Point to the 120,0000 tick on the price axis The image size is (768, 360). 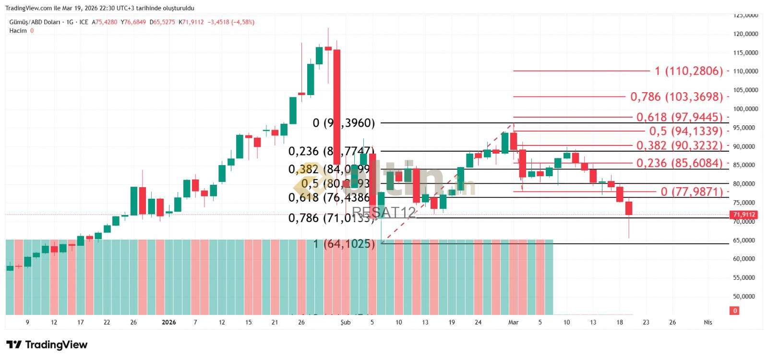pos(745,34)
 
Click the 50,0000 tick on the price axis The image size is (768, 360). pos(745,297)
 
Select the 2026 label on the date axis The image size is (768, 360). pos(169,323)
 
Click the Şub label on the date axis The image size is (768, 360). pos(346,323)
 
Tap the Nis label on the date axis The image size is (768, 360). pos(708,323)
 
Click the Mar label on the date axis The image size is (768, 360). pos(514,323)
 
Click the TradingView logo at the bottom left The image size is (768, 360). pos(47,345)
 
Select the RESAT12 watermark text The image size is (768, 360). pos(384,213)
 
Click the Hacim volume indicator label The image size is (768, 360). pos(18,31)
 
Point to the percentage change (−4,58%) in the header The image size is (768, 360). pos(243,22)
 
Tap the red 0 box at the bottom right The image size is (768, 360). pos(734,311)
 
